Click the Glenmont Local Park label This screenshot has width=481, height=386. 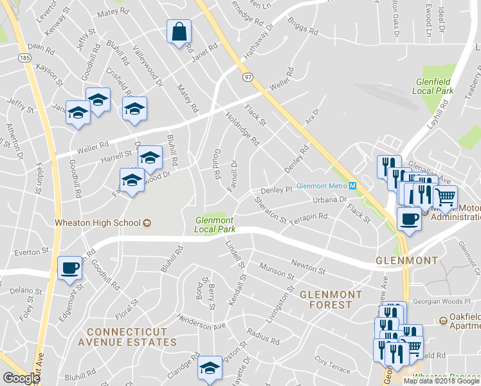click(x=215, y=225)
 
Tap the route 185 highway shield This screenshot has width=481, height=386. click(x=25, y=58)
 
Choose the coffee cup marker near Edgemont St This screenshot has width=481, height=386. click(x=70, y=268)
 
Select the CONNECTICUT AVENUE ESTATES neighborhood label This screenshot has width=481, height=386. click(x=127, y=337)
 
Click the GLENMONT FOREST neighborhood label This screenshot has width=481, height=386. click(x=331, y=299)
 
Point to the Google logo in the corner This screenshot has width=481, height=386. click(x=21, y=378)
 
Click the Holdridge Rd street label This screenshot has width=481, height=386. click(x=242, y=128)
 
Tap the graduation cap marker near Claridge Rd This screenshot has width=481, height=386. click(x=210, y=368)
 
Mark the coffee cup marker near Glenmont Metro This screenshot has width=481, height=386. click(x=410, y=219)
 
